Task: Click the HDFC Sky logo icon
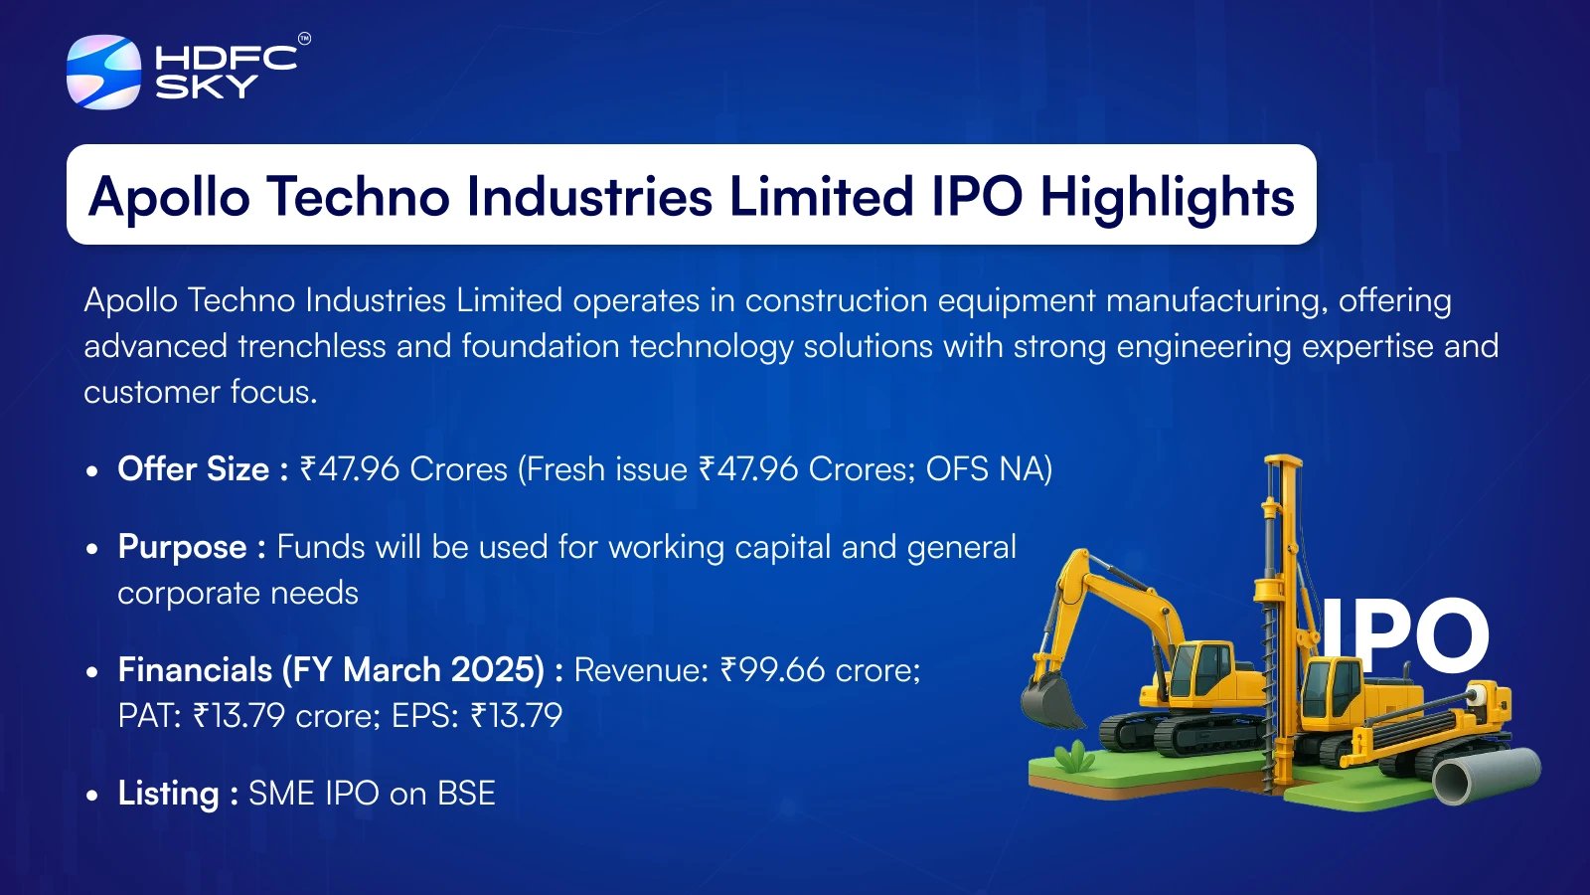pos(103,72)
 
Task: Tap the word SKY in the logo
pos(207,87)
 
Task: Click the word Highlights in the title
pos(1167,197)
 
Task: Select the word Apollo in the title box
pos(169,198)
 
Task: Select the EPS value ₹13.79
pos(516,715)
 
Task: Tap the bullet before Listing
pos(91,795)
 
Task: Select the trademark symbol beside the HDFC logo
pos(304,39)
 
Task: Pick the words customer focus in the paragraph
pos(200,392)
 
